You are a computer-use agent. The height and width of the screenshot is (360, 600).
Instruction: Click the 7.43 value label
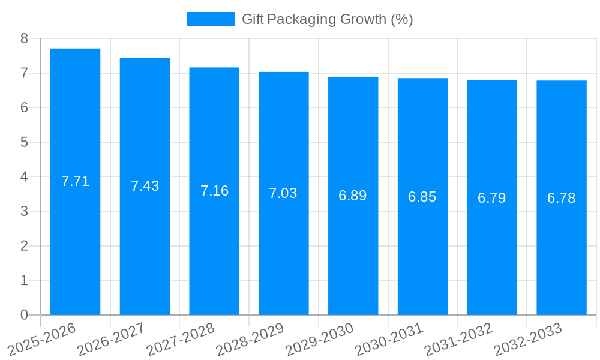145,186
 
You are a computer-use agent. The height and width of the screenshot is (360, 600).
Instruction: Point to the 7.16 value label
214,191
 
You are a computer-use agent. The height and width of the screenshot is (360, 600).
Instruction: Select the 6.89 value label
353,196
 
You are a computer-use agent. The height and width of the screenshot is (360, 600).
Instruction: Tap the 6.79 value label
492,198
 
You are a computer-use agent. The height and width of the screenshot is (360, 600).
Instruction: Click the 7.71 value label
75,181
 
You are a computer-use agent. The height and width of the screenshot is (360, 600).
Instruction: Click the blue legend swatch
210,19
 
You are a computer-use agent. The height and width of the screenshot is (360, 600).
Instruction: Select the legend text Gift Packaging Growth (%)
327,19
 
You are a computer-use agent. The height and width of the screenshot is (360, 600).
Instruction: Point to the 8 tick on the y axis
24,38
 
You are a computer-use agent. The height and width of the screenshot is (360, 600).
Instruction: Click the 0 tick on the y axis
24,315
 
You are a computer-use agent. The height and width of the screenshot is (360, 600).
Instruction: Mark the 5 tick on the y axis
24,142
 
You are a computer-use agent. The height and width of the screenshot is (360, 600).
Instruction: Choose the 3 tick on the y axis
24,211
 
